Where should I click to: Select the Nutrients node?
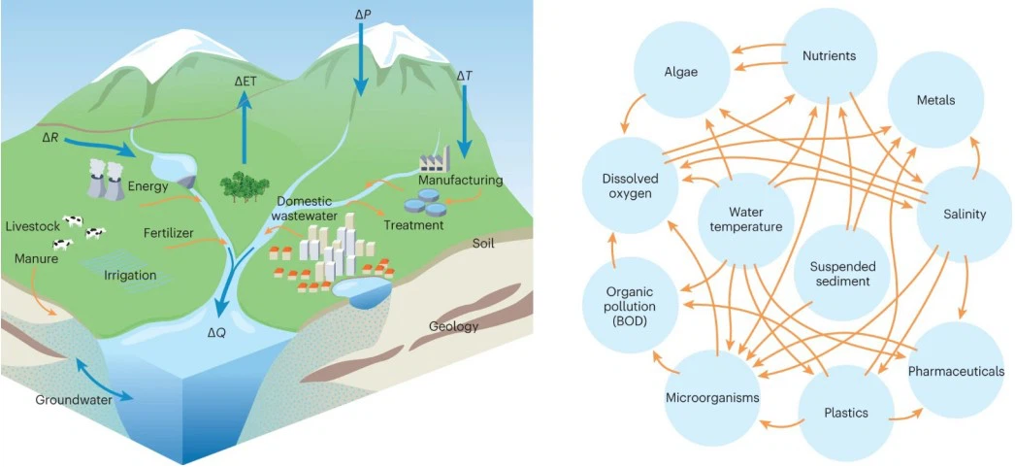pyautogui.click(x=829, y=56)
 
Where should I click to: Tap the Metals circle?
pyautogui.click(x=935, y=101)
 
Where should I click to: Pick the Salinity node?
pyautogui.click(x=964, y=215)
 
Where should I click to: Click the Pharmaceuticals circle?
pyautogui.click(x=956, y=371)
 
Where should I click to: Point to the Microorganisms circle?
pyautogui.click(x=712, y=397)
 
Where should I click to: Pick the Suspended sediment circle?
pyautogui.click(x=842, y=273)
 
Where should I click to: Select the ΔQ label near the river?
pyautogui.click(x=219, y=333)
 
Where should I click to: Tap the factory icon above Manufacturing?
pyautogui.click(x=437, y=160)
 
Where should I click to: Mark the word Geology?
pyautogui.click(x=453, y=326)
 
